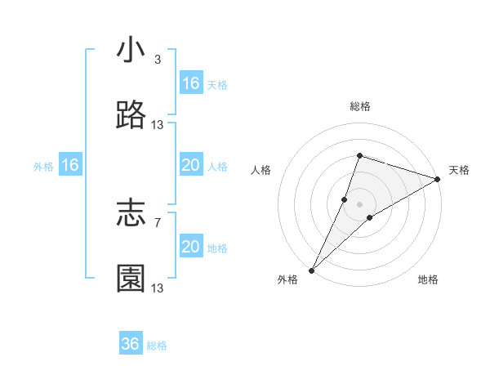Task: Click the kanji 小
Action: pos(131,51)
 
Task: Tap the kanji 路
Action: pos(131,116)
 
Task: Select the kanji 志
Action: pos(131,214)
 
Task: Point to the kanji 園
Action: pos(131,279)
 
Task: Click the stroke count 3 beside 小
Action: pos(158,60)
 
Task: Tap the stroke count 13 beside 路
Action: pos(158,125)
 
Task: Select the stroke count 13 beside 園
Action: pos(158,288)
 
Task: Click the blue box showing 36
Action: pos(131,344)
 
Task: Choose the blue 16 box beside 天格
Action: pos(191,83)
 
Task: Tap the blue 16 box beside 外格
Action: pos(70,165)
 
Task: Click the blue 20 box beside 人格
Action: pos(191,165)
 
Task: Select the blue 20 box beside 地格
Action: pos(191,247)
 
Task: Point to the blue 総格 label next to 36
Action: pos(157,346)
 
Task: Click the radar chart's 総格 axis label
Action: pos(360,106)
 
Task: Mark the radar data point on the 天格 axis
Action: pos(438,179)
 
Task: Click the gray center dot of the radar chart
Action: pos(360,203)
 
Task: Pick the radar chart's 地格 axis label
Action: pos(428,280)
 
